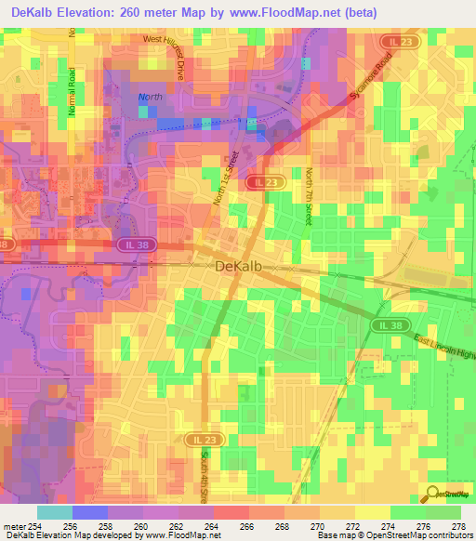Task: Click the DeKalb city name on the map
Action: point(242,266)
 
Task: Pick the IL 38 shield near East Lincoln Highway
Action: point(392,325)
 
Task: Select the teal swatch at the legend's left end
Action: point(54,512)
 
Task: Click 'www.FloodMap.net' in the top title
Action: point(284,13)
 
